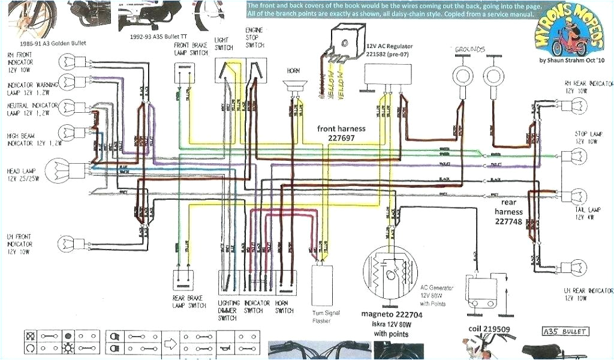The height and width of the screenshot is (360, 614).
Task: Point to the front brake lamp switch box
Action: (184, 74)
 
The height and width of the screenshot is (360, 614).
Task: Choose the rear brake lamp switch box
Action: (184, 280)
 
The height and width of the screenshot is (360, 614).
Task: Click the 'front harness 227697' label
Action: (342, 133)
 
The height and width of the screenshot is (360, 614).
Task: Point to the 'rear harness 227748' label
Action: (509, 212)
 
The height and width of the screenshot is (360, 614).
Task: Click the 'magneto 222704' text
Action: (392, 315)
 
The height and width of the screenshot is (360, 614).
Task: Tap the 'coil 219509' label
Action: (489, 329)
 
